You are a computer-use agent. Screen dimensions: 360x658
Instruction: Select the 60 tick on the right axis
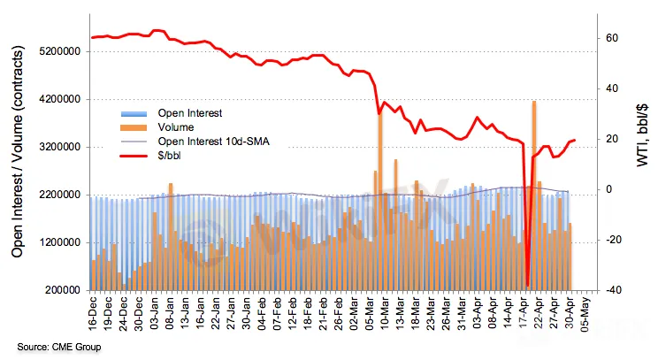click(609, 39)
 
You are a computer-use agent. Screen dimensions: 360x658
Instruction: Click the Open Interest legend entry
click(189, 113)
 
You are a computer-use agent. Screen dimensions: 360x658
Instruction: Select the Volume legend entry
click(176, 127)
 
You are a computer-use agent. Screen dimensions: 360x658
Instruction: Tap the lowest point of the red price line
click(527, 285)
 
